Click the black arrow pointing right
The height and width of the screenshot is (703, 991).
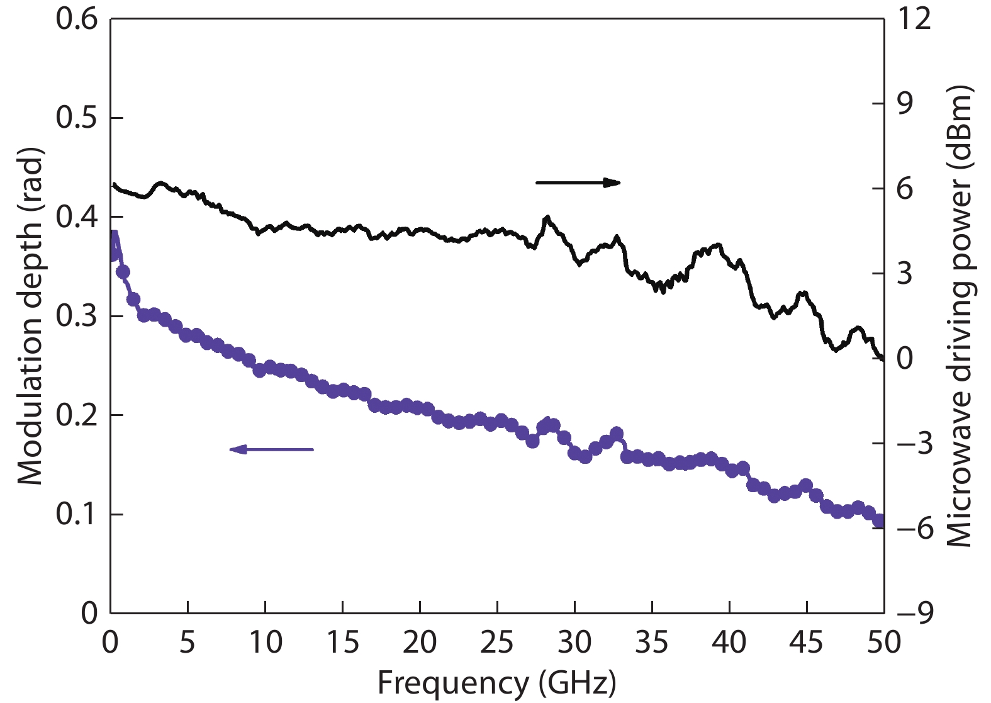point(578,183)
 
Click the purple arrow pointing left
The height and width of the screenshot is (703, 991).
point(271,449)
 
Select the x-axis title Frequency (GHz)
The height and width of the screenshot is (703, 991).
point(496,683)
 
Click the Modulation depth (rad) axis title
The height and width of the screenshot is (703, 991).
point(30,316)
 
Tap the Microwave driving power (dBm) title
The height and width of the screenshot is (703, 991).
point(959,316)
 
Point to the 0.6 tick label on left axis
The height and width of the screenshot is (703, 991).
point(77,19)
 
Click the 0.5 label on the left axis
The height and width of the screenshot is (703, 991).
point(77,118)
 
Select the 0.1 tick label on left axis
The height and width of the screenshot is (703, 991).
point(77,514)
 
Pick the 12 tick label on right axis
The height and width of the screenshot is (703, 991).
point(914,19)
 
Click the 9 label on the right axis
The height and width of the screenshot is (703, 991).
point(905,104)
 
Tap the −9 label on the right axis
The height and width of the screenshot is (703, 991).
point(914,612)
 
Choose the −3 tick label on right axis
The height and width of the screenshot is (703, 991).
point(914,443)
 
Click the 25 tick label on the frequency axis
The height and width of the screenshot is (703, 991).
point(497,643)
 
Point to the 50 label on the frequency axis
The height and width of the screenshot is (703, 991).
point(883,643)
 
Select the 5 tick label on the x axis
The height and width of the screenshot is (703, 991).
point(188,643)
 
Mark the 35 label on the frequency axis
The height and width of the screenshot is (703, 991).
point(652,643)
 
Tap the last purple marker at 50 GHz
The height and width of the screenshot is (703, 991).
point(880,520)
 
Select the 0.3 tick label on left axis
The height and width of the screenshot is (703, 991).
point(77,316)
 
